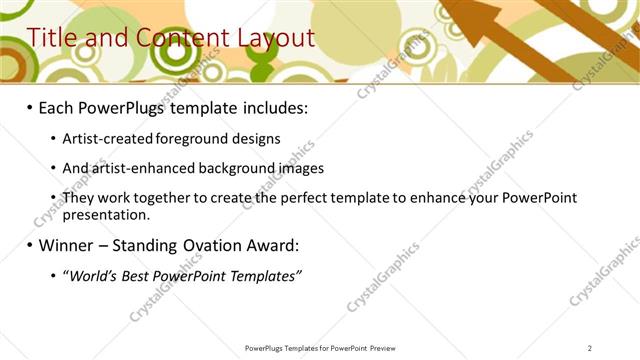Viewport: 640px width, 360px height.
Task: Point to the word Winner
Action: [71, 245]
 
